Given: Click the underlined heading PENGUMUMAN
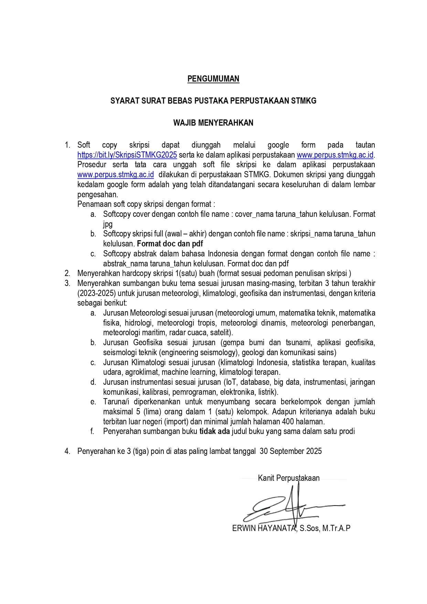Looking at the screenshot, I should [213, 79].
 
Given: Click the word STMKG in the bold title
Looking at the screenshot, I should [303, 101].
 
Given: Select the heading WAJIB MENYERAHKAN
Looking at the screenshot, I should [213, 123].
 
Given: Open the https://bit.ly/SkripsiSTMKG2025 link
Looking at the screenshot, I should [127, 155].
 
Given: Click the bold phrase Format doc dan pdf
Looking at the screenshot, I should [170, 244].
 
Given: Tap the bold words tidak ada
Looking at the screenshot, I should [214, 431].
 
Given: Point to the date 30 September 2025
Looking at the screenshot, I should [291, 451].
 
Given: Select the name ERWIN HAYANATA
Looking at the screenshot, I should [264, 528].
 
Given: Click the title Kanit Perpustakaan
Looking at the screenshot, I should [289, 478].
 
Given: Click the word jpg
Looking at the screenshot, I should [108, 224].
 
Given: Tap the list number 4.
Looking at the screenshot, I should [67, 451].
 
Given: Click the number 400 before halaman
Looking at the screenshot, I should [288, 422].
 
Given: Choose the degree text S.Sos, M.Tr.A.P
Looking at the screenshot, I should [325, 528].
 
